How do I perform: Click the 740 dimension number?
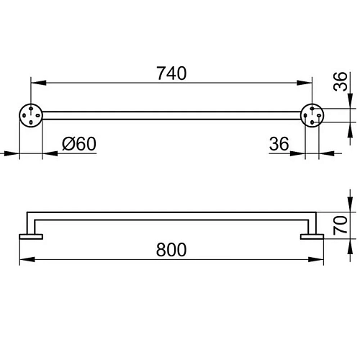tap(171, 73)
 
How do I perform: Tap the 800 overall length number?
tap(171, 250)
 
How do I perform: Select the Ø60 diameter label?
tap(79, 144)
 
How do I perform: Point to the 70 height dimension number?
tap(341, 225)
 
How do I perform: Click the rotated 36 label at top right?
tap(341, 81)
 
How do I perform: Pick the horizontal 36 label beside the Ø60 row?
tap(279, 144)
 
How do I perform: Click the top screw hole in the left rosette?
tap(31, 109)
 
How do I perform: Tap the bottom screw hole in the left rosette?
tap(31, 122)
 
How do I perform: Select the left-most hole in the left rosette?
tap(24, 115)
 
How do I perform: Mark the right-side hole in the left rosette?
tap(37, 115)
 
